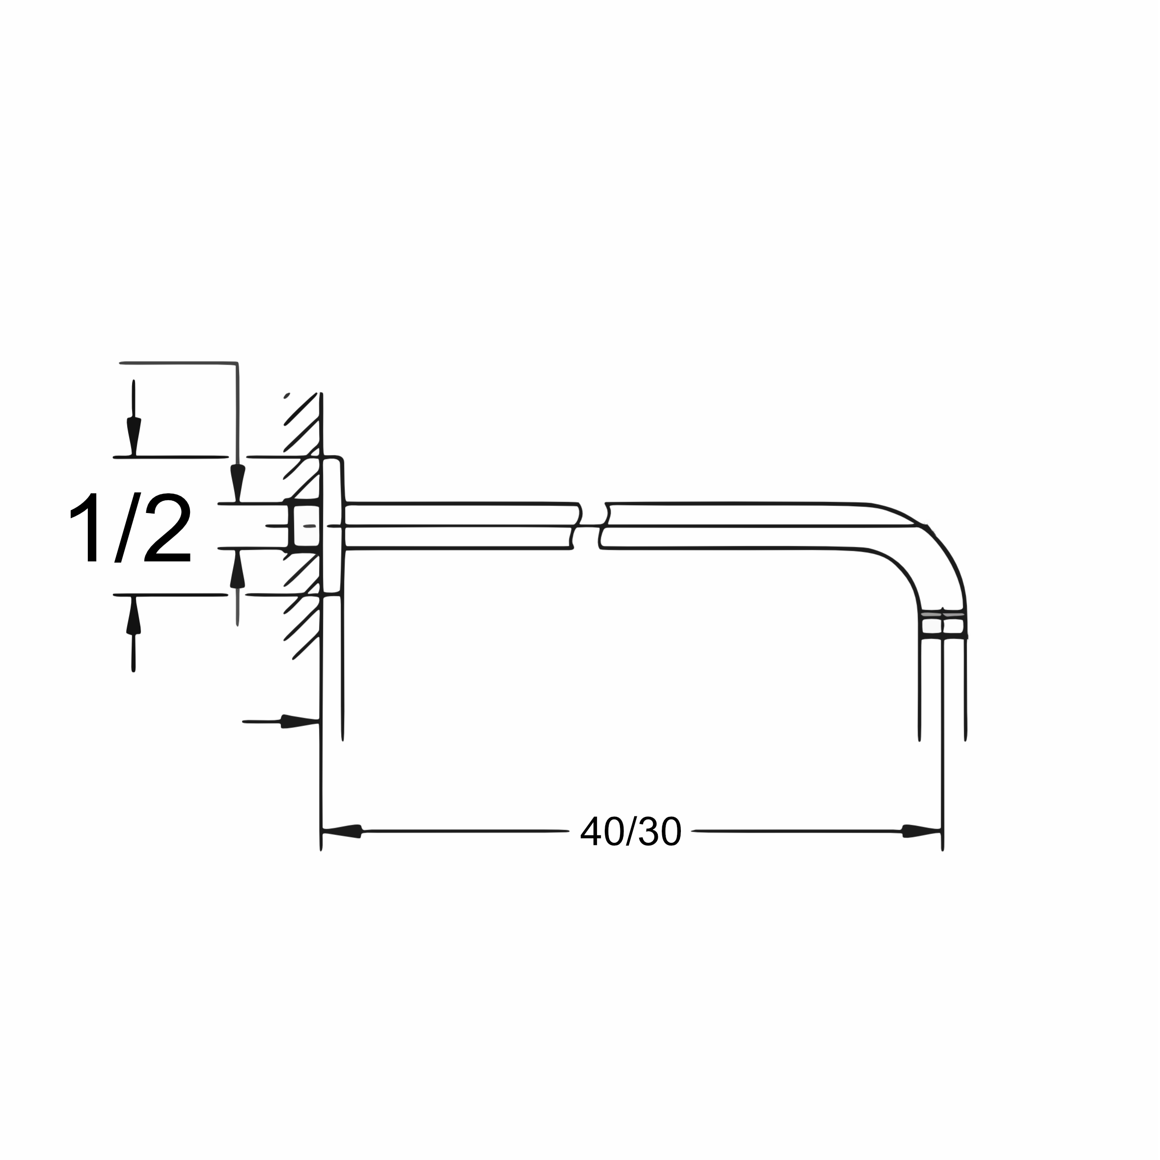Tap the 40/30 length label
click(x=631, y=831)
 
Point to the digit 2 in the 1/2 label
click(x=167, y=527)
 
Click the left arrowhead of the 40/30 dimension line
click(x=342, y=832)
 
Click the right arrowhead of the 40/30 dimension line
click(x=921, y=832)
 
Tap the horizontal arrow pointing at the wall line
click(x=280, y=721)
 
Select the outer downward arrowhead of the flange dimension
click(x=134, y=436)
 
